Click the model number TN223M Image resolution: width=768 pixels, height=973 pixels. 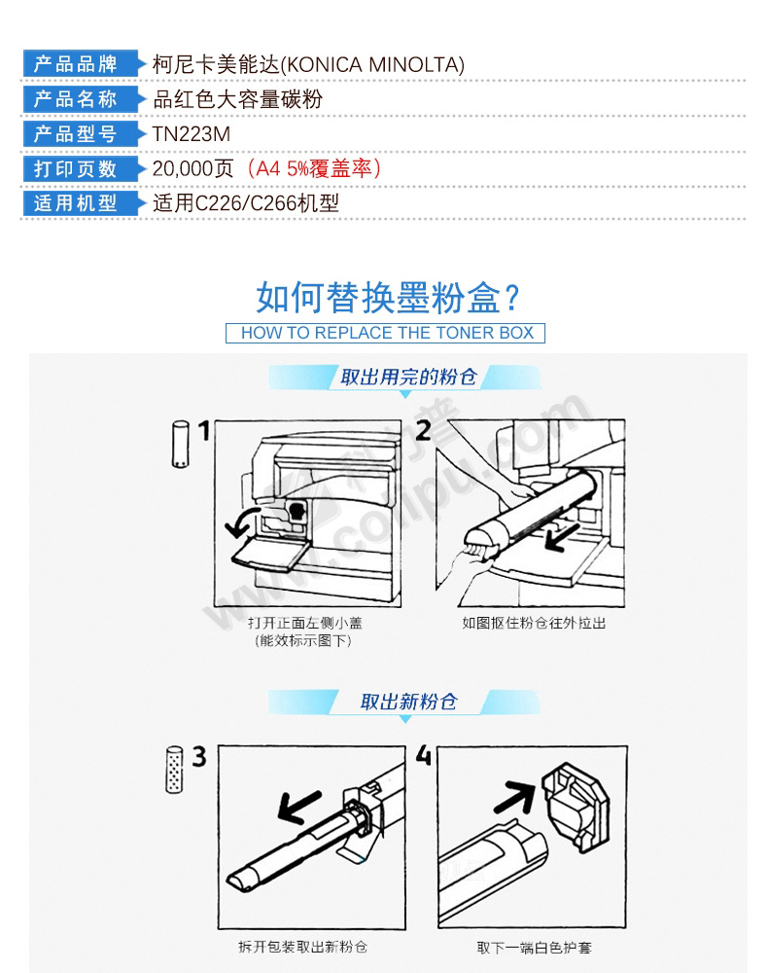click(191, 134)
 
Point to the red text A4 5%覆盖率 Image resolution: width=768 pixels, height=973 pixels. click(314, 168)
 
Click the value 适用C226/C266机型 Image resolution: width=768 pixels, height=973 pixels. click(246, 203)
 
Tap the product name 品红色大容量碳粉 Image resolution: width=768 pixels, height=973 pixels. click(237, 99)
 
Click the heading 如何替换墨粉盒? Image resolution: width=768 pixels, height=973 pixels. click(388, 297)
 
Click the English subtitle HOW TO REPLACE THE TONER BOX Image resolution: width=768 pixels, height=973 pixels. click(387, 333)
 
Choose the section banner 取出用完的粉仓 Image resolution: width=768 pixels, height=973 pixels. click(408, 377)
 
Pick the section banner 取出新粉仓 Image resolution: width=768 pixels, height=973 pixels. click(408, 702)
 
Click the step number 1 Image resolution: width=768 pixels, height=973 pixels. click(204, 431)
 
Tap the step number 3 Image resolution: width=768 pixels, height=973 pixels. click(199, 756)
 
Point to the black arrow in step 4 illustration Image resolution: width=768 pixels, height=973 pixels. click(515, 798)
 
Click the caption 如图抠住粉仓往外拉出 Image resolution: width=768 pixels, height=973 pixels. click(534, 623)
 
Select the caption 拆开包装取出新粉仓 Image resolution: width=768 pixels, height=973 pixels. click(303, 947)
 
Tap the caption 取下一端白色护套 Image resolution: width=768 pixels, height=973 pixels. click(535, 948)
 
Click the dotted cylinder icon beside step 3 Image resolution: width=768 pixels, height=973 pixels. click(175, 770)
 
